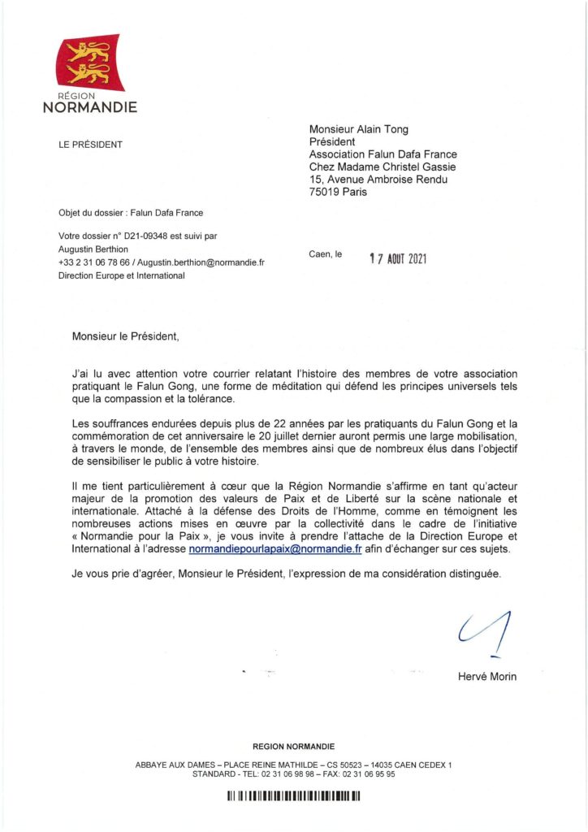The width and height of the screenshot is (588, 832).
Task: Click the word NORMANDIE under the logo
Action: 89,107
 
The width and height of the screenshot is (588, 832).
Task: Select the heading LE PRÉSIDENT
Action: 90,145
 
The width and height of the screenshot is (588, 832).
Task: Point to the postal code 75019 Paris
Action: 338,193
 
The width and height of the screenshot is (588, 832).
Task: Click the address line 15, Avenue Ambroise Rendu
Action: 378,180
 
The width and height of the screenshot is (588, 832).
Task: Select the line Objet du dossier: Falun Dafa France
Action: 130,214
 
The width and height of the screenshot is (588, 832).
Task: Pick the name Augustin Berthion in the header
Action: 93,249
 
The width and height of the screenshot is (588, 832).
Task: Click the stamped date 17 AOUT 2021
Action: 398,259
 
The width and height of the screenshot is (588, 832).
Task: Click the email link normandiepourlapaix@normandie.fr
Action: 275,549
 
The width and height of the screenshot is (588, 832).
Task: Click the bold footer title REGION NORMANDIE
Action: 293,746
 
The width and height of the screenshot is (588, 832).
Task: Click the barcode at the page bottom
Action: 293,797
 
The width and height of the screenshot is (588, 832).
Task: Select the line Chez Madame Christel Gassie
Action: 378,167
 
